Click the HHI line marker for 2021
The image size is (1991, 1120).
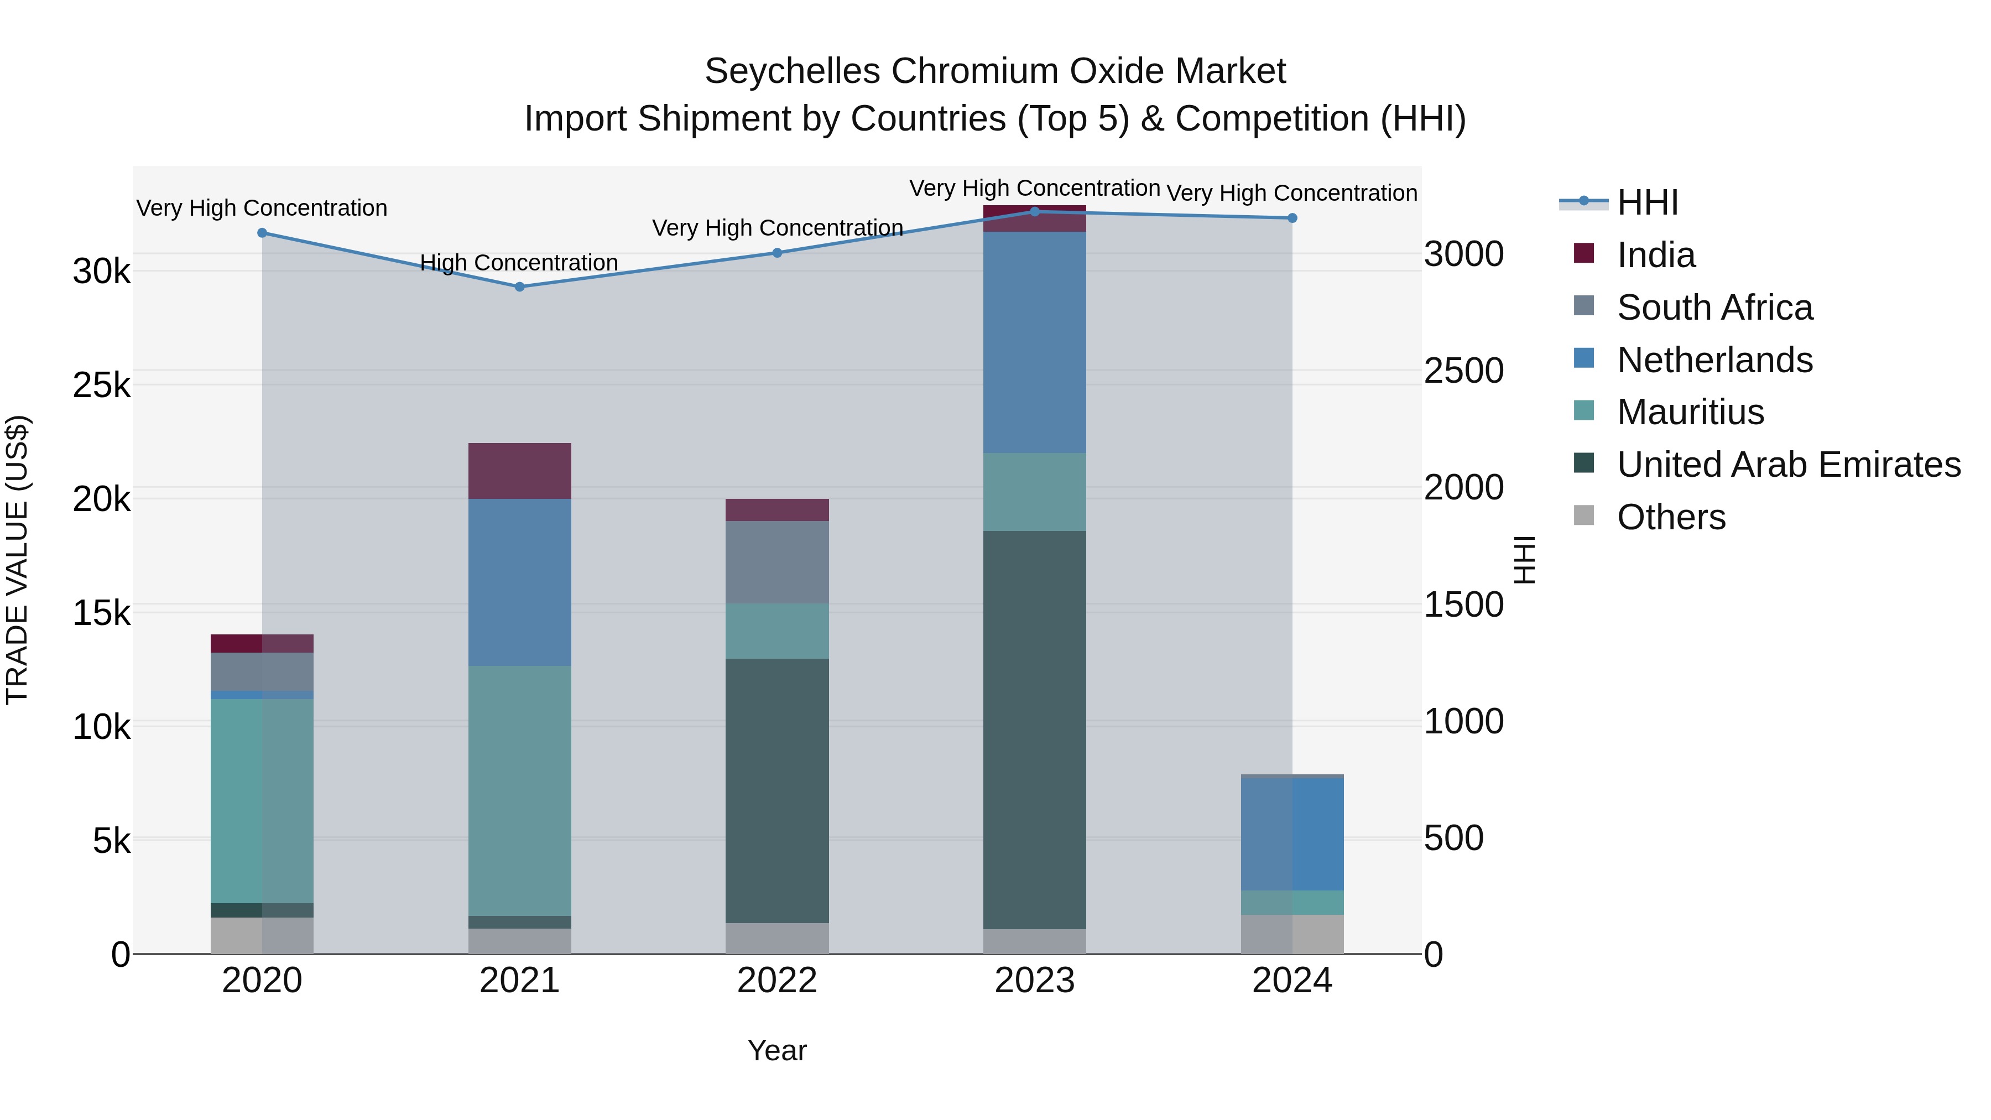click(x=519, y=286)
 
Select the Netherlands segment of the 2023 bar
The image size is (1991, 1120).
click(x=1034, y=342)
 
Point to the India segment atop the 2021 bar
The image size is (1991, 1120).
click(x=519, y=471)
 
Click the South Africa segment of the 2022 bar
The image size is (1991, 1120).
click(x=777, y=562)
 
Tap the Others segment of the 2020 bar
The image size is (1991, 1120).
click(x=262, y=935)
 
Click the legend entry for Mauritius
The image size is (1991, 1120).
click(x=1690, y=412)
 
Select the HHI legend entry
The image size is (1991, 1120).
click(x=1646, y=202)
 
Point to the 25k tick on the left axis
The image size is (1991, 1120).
click(x=101, y=385)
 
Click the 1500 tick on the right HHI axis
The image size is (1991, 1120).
click(x=1463, y=605)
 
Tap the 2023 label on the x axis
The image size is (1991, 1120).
click(x=1034, y=981)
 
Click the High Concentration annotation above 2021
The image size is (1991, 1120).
click(x=519, y=263)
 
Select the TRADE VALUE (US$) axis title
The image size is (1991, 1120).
click(x=17, y=560)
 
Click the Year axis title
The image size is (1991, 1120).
click(x=777, y=1050)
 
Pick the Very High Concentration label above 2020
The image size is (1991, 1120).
click(x=262, y=208)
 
